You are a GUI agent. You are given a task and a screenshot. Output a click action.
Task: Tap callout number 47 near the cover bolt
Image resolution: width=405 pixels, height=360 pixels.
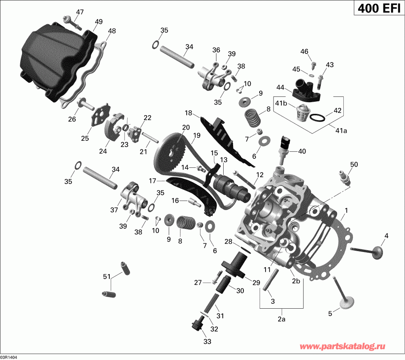coord(80,12)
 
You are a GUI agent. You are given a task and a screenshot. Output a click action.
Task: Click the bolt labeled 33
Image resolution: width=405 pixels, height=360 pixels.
coord(197,324)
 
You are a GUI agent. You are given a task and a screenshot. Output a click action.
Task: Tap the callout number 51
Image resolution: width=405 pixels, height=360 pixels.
coord(107,276)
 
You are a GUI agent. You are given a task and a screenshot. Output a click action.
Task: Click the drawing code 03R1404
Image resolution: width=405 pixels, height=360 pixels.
coord(13,356)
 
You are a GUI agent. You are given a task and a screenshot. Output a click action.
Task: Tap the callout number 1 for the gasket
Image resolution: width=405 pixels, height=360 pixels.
coord(346,210)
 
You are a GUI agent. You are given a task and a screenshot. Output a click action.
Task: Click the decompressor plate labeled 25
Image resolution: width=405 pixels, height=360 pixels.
coord(99,115)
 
